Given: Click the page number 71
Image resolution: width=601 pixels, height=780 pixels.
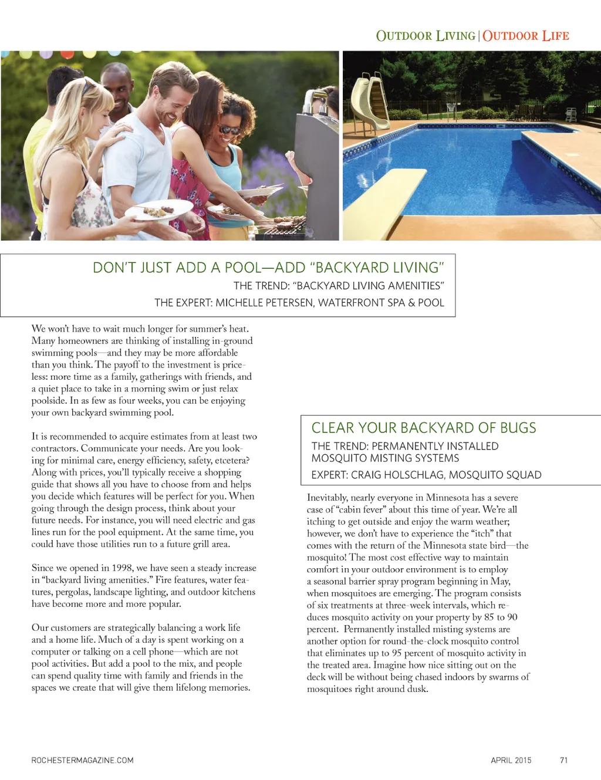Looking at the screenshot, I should pos(563,760).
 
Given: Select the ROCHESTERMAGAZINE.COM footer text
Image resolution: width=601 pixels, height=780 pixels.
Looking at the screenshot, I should pos(82,760).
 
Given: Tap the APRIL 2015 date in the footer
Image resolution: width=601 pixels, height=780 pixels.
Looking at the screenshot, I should pos(511,760).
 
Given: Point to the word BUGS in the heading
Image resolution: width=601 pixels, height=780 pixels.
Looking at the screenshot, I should pos(518,427).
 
